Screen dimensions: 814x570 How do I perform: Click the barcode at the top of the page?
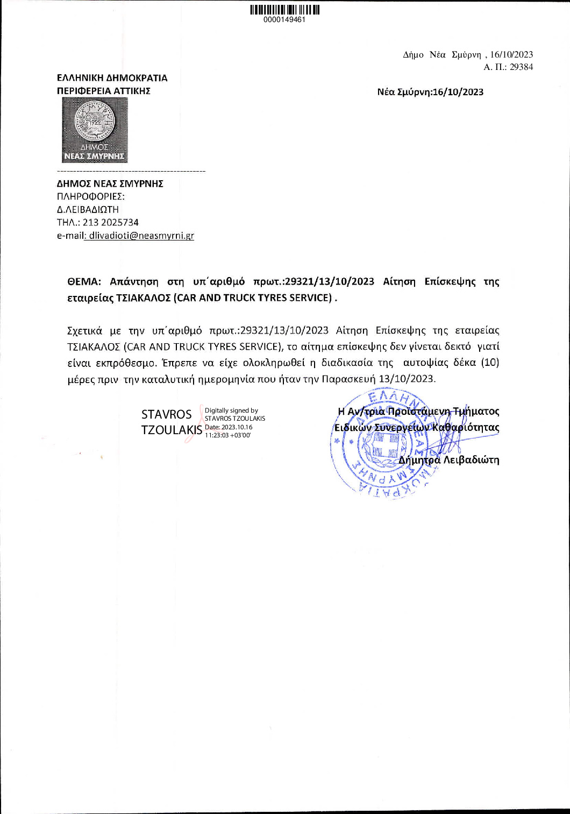point(284,10)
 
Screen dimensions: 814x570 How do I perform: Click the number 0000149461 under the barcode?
point(284,20)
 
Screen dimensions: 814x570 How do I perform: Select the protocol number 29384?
point(521,67)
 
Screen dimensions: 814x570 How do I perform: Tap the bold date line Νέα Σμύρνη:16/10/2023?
point(430,92)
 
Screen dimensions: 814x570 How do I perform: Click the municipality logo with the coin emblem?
point(95,130)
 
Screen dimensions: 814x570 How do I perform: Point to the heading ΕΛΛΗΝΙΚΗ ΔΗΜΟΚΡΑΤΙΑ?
point(112,78)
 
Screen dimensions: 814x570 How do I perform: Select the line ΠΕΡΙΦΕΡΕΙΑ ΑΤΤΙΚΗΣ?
point(104,91)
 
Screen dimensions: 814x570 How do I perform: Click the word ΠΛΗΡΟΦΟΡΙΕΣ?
point(90,196)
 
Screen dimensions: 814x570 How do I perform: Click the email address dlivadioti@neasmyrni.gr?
point(141,236)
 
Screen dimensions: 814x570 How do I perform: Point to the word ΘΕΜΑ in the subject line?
point(84,281)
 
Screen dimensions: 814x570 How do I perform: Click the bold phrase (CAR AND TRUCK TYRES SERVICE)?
point(253,298)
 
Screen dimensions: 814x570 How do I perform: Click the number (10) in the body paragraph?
point(490,363)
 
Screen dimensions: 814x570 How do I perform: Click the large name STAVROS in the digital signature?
point(166,414)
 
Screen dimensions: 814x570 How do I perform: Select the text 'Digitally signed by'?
point(231,410)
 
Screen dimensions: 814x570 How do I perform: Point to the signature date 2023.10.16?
point(237,427)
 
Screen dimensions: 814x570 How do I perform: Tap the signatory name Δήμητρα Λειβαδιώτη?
point(448,460)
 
